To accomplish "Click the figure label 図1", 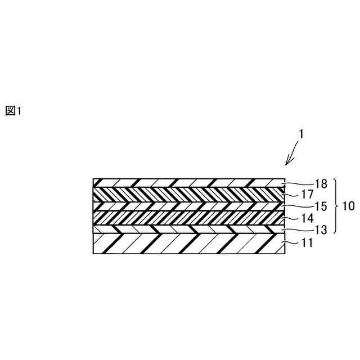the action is point(13,111).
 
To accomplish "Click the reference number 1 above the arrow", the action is point(301,134).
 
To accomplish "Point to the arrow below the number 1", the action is point(292,154).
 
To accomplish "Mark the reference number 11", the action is point(308,244).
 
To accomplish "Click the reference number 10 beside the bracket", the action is point(349,206).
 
